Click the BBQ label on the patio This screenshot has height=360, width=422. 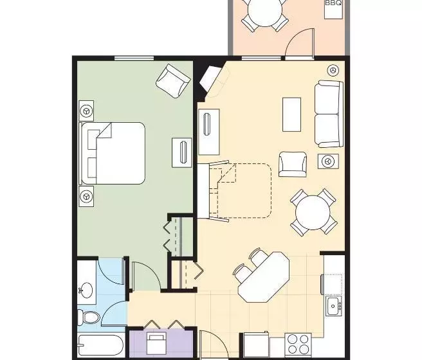[x=333, y=3]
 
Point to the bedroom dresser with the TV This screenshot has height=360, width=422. [x=182, y=153]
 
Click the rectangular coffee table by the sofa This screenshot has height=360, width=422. [x=291, y=114]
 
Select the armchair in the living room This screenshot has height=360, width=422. [x=292, y=163]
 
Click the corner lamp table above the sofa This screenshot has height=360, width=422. [x=333, y=70]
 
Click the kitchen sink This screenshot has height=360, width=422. [x=333, y=305]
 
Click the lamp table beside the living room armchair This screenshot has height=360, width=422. [x=329, y=161]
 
